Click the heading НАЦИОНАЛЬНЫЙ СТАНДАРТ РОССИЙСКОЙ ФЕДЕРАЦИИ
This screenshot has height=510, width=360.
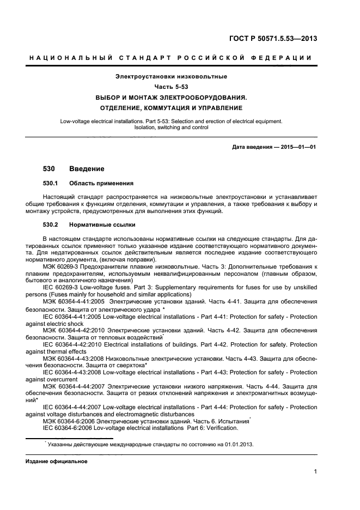170,58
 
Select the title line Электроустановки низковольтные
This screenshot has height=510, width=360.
171,76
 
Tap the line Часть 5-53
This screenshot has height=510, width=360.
171,87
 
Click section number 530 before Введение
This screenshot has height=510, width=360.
49,169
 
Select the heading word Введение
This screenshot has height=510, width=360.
87,169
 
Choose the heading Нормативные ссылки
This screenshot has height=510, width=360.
103,225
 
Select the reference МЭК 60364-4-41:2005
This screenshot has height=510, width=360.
74,300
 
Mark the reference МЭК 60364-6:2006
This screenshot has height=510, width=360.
70,421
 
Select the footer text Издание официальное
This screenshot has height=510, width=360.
53,461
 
